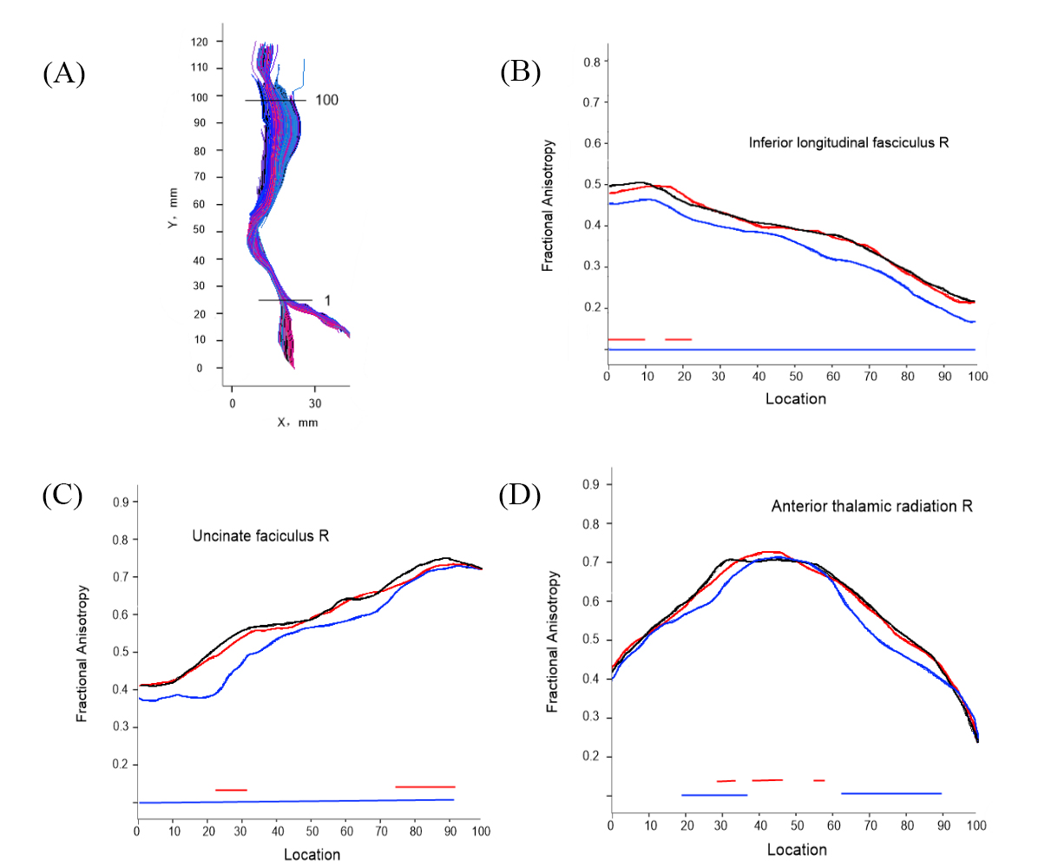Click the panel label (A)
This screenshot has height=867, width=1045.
[63, 75]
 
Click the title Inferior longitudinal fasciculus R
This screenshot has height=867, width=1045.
[849, 141]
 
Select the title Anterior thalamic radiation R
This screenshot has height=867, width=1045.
[871, 505]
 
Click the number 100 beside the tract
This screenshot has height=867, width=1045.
[326, 100]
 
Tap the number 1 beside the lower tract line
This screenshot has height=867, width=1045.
[327, 299]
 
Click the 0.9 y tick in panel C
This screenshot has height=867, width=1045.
[120, 502]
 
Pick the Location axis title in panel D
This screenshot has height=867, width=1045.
[795, 849]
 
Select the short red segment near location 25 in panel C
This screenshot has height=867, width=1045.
[231, 790]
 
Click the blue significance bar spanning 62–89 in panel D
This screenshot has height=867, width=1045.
[891, 793]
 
